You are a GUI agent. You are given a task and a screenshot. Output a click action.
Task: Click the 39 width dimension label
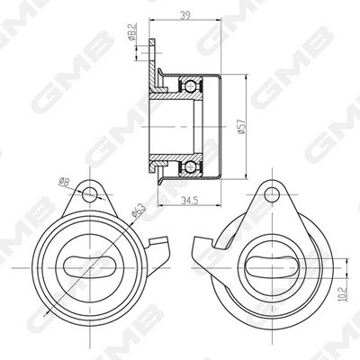pyautogui.click(x=184, y=15)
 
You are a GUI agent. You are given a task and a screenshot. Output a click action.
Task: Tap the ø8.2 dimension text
pyautogui.click(x=132, y=32)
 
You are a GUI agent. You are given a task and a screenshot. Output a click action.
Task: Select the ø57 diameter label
pyautogui.click(x=241, y=126)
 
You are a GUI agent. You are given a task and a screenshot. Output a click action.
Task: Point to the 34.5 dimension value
pyautogui.click(x=190, y=200)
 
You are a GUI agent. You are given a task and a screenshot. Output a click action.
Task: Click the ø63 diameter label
pyautogui.click(x=138, y=210)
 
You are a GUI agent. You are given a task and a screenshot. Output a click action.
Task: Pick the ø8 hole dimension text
pyautogui.click(x=64, y=182)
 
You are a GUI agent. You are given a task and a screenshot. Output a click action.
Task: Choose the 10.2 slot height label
pyautogui.click(x=344, y=294)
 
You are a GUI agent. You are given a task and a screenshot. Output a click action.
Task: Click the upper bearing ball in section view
pyautogui.click(x=191, y=86)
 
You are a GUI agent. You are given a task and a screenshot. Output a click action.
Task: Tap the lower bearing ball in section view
pyautogui.click(x=191, y=166)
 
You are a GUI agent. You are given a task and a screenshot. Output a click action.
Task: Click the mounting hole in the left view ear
pyautogui.click(x=89, y=194)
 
